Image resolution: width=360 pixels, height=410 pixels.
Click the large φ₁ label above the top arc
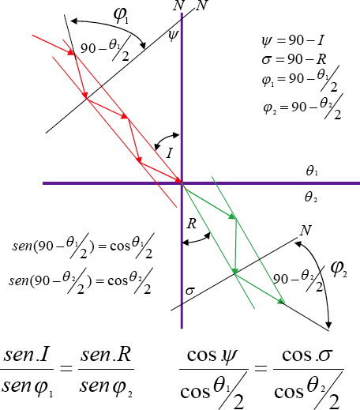tap(121, 15)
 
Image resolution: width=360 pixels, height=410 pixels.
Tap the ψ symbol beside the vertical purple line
tap(174, 36)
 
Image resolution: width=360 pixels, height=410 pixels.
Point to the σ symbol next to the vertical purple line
tap(190, 291)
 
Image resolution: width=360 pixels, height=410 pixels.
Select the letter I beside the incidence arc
tap(170, 153)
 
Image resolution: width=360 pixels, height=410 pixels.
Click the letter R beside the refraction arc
tap(192, 224)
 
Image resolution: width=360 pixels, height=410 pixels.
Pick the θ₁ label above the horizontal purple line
tap(312, 171)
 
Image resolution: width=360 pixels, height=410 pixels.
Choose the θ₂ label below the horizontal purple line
tap(311, 197)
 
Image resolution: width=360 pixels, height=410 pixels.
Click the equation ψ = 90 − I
tap(293, 40)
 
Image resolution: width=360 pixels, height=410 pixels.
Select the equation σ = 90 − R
tap(294, 59)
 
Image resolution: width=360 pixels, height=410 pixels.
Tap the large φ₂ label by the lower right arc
tap(339, 269)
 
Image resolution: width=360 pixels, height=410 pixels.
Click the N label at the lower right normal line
tap(306, 230)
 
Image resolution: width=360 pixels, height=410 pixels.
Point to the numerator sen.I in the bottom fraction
tap(26, 355)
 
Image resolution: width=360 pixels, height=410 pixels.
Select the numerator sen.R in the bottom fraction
tap(106, 355)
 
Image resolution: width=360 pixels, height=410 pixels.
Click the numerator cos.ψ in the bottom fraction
tap(212, 356)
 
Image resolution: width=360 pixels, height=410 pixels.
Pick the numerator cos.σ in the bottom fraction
tap(307, 355)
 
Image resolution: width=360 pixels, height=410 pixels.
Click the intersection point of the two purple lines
tap(182, 183)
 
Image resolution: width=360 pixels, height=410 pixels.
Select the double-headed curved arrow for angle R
tap(197, 239)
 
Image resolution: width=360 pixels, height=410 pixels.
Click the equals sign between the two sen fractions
tap(66, 368)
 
